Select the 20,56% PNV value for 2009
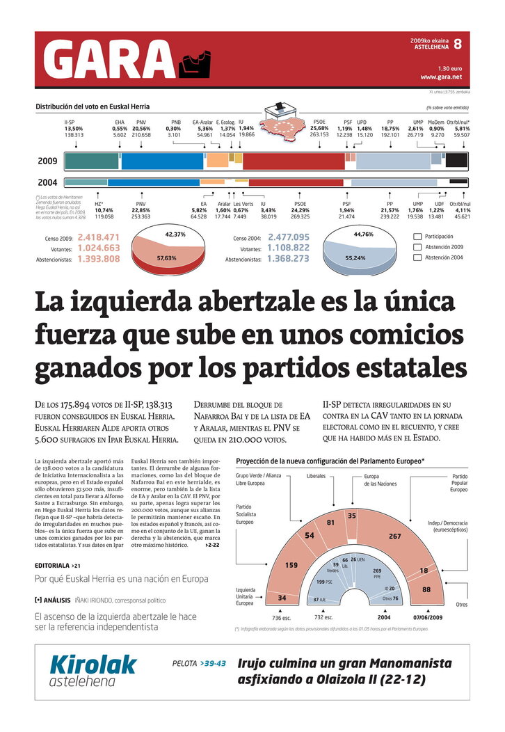point(141,129)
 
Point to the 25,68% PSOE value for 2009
point(319,129)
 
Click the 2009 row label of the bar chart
point(47,161)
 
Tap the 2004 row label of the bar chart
point(47,183)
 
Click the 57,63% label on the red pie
point(166,257)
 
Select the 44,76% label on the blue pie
point(364,234)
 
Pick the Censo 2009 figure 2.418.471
point(98,237)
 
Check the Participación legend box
point(417,237)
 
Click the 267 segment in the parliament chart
point(395,536)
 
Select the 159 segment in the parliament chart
point(291,565)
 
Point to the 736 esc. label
point(282,617)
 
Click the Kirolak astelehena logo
point(93,671)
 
